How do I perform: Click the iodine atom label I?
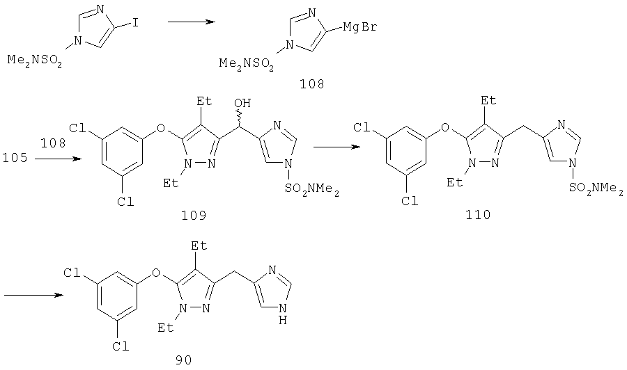135,23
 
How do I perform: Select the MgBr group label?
360,28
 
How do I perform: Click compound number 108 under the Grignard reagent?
312,84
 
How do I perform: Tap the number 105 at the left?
15,158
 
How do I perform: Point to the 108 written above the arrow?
53,143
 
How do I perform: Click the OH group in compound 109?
242,104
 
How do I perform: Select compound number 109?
194,216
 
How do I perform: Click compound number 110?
478,215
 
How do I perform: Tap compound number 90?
183,360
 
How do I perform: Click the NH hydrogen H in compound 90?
283,320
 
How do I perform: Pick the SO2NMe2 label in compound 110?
596,188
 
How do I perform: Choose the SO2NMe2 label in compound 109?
312,188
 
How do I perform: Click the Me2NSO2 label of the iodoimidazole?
36,61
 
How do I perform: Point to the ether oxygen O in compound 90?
156,273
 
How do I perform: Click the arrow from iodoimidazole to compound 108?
192,22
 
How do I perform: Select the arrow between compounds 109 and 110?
336,147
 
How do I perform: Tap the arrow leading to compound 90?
33,295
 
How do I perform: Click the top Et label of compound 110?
488,99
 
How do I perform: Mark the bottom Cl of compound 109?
125,202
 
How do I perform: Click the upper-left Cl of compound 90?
72,273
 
